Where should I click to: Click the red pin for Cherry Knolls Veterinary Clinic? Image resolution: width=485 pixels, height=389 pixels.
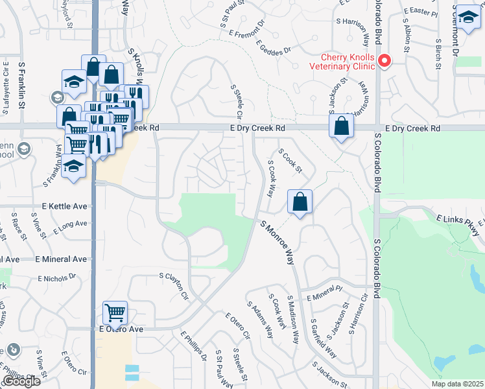(384, 62)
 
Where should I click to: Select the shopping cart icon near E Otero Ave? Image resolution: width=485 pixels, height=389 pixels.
(115, 314)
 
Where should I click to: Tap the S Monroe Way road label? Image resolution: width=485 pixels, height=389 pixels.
(278, 242)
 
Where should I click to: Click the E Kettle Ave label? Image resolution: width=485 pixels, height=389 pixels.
(64, 206)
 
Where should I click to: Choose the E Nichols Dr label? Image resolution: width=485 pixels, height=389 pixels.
(56, 277)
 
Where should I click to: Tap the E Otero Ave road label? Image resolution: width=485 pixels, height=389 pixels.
(121, 329)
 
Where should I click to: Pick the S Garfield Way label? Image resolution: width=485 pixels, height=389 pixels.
(322, 339)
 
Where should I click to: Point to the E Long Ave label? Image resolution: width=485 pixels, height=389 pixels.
(71, 224)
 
